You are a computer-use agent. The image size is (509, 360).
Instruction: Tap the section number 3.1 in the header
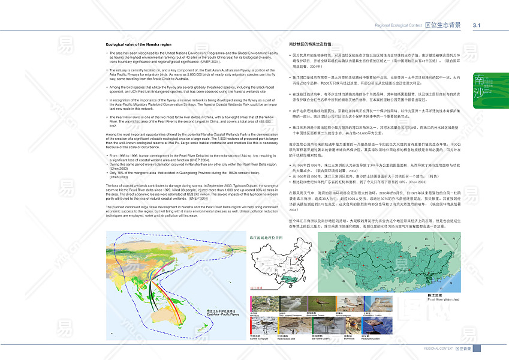(478, 25)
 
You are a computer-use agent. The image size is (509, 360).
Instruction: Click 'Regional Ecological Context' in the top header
(398, 26)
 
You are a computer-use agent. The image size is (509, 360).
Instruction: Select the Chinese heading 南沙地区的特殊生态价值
(311, 44)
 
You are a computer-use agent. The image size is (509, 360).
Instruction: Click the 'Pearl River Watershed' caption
(443, 299)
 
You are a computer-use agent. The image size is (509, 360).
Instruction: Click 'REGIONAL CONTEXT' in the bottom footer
(438, 348)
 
